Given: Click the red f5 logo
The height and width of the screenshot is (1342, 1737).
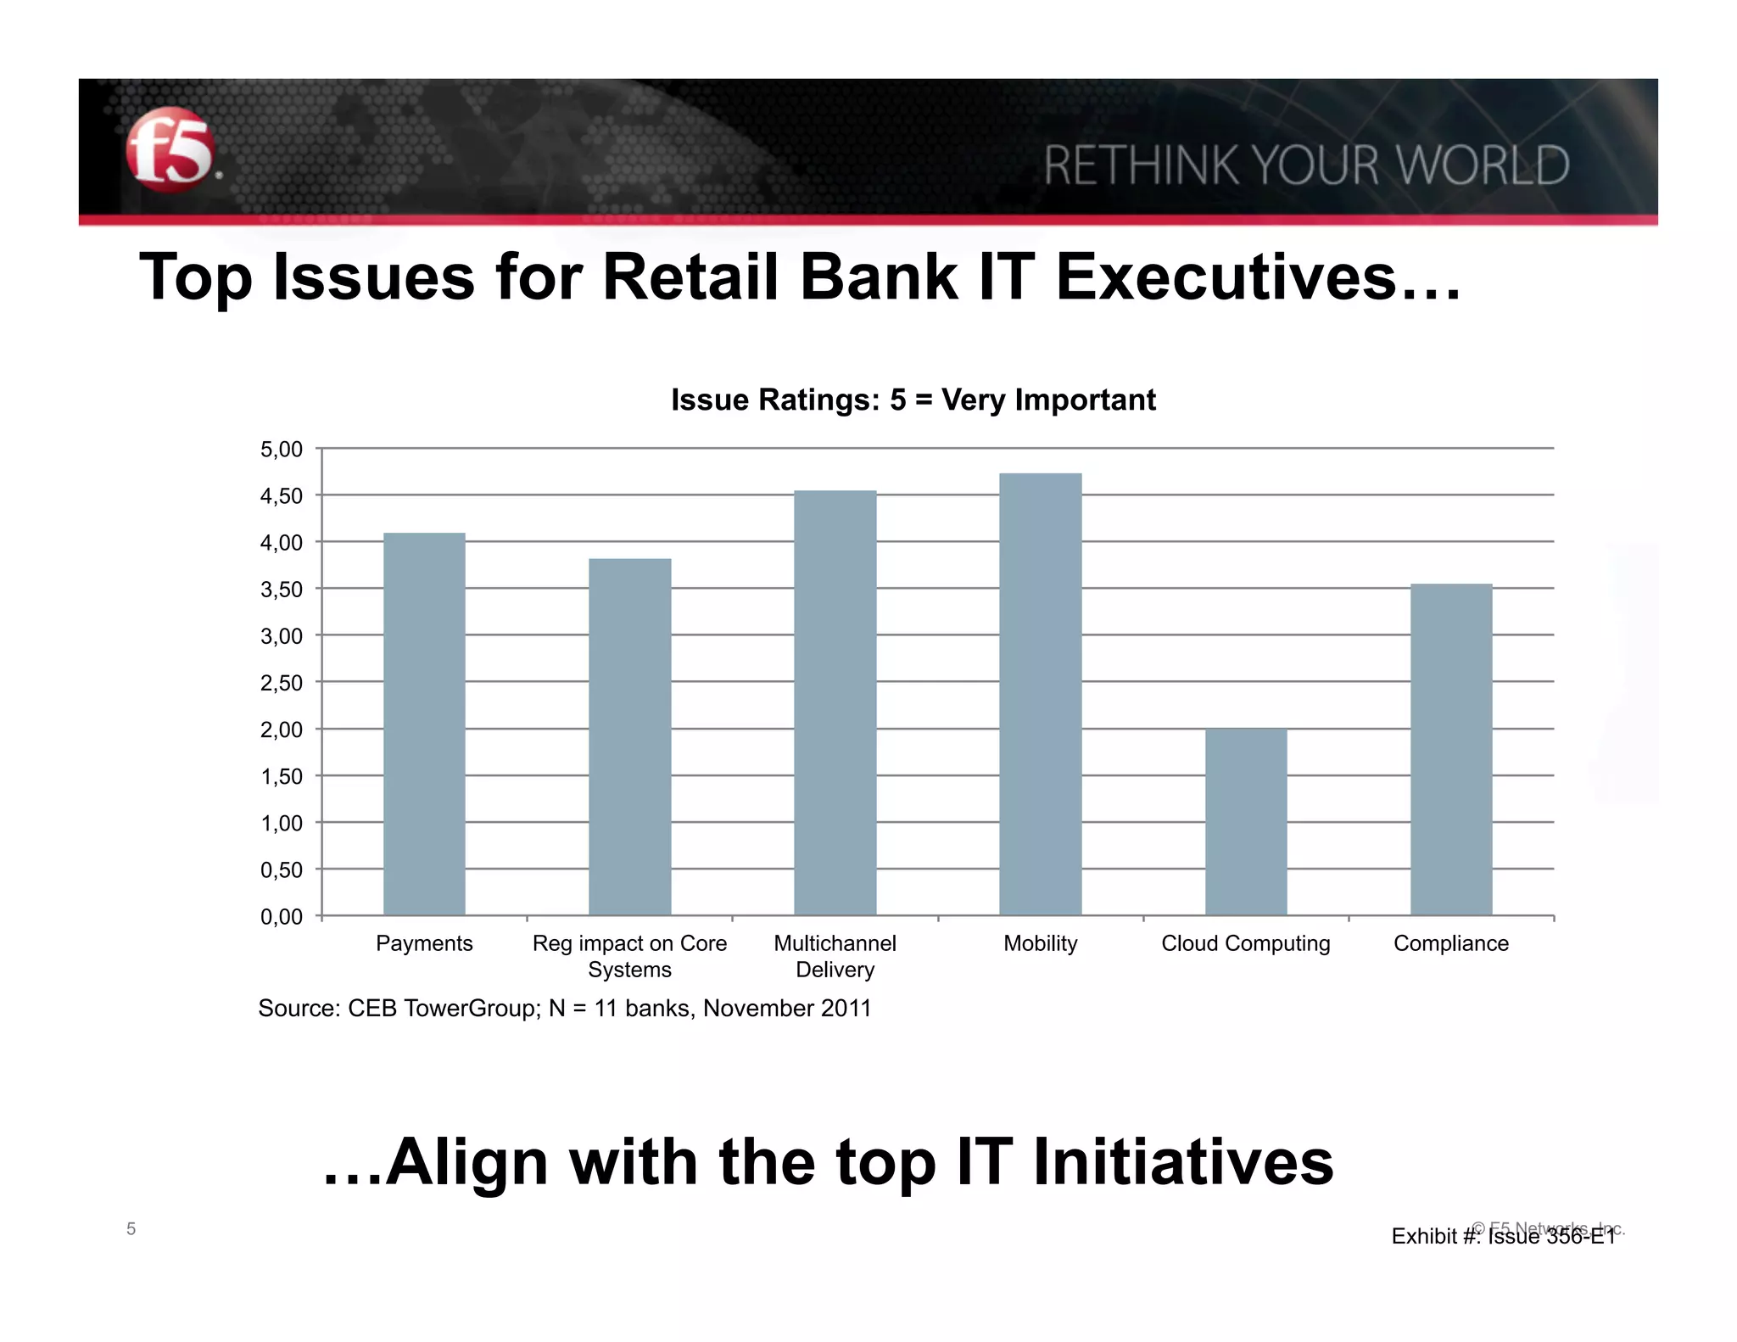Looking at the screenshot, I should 170,149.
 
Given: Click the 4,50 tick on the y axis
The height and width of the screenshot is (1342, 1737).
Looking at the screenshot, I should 282,496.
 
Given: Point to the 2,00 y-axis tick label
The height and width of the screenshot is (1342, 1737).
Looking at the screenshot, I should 282,730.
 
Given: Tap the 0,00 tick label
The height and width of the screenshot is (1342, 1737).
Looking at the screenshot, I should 282,917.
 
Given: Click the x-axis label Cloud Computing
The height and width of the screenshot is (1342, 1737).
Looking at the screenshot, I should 1245,943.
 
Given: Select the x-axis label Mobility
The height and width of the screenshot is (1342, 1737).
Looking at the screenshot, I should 1040,943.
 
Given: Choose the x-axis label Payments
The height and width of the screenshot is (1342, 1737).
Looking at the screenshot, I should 424,943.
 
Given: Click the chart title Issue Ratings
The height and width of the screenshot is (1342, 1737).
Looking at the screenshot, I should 913,400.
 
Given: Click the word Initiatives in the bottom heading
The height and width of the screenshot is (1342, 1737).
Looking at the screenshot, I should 1183,1162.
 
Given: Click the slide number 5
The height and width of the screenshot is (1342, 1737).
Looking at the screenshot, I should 131,1228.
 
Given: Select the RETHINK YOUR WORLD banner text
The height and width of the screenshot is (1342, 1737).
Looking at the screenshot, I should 1306,165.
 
